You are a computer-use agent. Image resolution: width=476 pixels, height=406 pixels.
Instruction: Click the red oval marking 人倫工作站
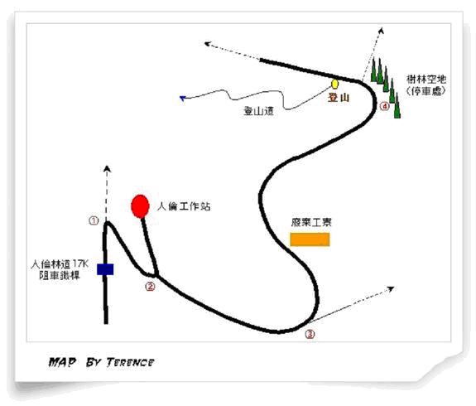pos(140,206)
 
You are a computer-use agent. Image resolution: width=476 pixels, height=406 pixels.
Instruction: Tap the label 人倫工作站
pos(184,206)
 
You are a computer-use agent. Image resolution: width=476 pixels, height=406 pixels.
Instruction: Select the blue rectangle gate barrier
pos(105,269)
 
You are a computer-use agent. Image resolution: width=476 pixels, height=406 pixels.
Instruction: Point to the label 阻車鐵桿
pos(60,276)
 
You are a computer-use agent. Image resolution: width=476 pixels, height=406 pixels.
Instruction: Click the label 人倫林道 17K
pos(60,264)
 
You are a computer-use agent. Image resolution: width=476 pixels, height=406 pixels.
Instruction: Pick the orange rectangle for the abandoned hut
pos(310,239)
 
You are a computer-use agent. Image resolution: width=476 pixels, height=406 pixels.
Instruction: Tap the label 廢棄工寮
pos(311,222)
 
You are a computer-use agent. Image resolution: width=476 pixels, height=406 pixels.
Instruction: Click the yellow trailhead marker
pos(334,84)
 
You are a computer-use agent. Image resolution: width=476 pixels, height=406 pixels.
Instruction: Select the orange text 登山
pos(339,98)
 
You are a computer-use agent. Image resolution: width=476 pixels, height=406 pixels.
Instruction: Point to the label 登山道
pos(258,111)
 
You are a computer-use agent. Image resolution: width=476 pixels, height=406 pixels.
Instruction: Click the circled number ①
pos(94,220)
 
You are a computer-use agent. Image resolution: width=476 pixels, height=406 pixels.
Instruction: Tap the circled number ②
pos(150,286)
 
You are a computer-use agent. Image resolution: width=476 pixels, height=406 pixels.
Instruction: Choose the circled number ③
pos(310,334)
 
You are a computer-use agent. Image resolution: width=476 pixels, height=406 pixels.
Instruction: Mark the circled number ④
pos(385,106)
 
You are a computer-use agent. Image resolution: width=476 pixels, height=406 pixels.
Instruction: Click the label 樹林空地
pos(426,80)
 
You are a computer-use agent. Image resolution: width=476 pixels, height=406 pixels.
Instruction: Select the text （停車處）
pos(426,91)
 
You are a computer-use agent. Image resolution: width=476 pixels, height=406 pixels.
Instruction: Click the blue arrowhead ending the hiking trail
pos(182,98)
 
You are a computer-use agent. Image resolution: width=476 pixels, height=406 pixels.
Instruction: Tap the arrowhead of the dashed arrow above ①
pos(107,169)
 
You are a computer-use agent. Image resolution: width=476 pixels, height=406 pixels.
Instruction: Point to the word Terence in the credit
pos(130,362)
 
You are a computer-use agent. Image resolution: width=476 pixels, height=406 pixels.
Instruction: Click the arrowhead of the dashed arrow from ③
pos(391,288)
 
